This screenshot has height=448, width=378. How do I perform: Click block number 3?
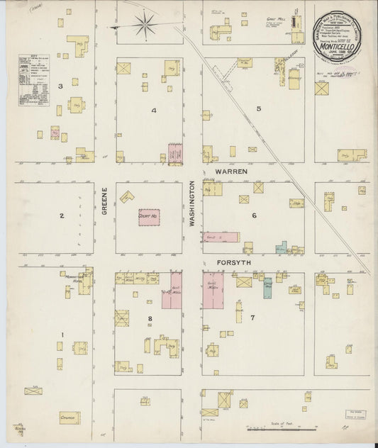61,86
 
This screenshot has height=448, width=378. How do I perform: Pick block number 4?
152,111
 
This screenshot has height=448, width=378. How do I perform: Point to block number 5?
259,108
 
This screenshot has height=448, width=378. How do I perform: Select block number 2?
62,216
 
